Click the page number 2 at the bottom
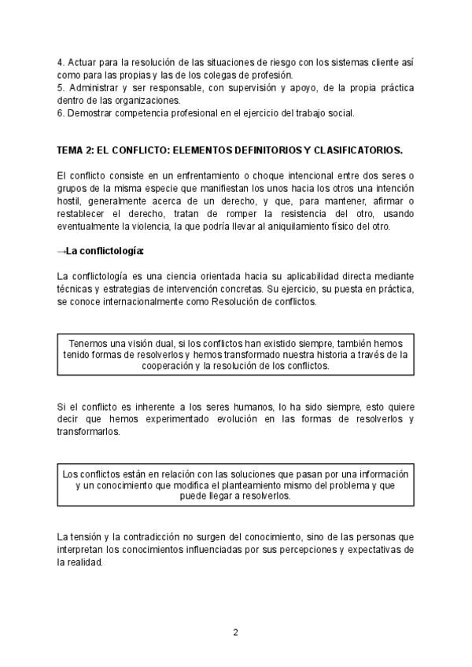click(235, 632)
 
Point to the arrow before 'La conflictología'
click(61, 252)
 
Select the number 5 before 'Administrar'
click(60, 87)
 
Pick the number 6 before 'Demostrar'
click(60, 112)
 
